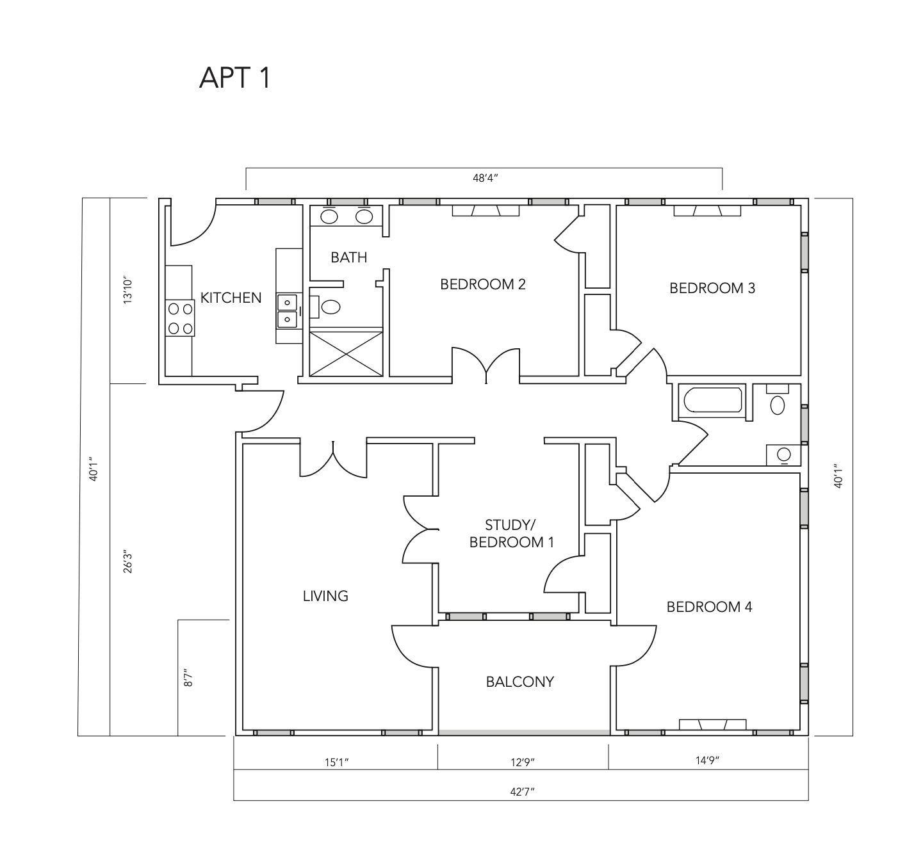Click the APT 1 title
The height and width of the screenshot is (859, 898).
tap(235, 77)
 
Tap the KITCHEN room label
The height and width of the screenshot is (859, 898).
tap(231, 298)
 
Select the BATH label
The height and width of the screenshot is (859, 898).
tap(348, 257)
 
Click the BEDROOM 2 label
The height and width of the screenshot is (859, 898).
tap(482, 284)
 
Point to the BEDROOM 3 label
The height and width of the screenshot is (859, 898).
tap(712, 288)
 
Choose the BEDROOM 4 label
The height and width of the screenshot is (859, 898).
tap(709, 607)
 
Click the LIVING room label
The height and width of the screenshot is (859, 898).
tap(325, 596)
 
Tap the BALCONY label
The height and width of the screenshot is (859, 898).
tap(519, 682)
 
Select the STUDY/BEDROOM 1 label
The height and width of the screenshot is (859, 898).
tap(510, 534)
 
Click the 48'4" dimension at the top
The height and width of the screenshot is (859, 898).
tap(485, 178)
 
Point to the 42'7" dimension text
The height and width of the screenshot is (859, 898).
tap(522, 792)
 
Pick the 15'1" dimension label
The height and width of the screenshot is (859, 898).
tap(337, 762)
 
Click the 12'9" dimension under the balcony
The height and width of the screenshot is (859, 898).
tap(522, 762)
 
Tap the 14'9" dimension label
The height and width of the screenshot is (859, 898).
tap(707, 760)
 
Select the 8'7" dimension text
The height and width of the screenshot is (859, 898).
tap(188, 678)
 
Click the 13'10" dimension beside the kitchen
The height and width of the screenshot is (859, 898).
tap(128, 291)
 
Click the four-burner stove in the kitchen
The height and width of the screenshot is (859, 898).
tap(180, 319)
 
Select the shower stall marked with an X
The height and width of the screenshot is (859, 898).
tap(346, 353)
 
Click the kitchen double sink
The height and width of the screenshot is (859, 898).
tap(287, 310)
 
